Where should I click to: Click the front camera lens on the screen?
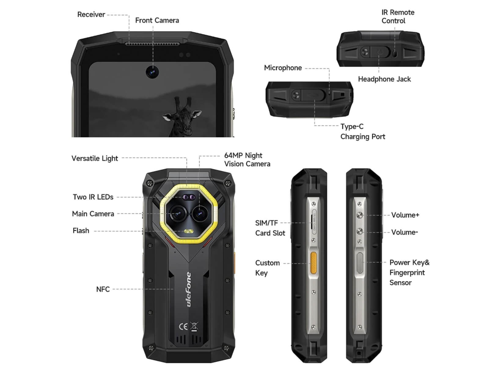[152, 72]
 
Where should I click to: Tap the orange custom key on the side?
[313, 263]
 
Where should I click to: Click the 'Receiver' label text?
[91, 14]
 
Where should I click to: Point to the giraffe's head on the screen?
[182, 115]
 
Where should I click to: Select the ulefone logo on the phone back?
[189, 289]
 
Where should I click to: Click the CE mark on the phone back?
[183, 326]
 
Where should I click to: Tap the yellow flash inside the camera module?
[189, 231]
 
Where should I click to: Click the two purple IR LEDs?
[189, 197]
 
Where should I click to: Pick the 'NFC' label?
[103, 289]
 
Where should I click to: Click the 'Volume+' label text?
[405, 215]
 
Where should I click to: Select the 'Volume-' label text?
[404, 232]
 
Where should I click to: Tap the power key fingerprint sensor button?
[360, 263]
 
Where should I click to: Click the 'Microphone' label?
[283, 68]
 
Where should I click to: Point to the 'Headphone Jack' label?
[384, 79]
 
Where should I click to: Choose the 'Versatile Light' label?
[95, 158]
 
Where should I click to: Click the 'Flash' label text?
[81, 230]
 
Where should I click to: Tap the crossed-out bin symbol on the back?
[194, 327]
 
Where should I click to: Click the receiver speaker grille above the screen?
[152, 44]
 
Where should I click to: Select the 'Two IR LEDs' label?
[93, 197]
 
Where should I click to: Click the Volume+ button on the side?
[360, 215]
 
